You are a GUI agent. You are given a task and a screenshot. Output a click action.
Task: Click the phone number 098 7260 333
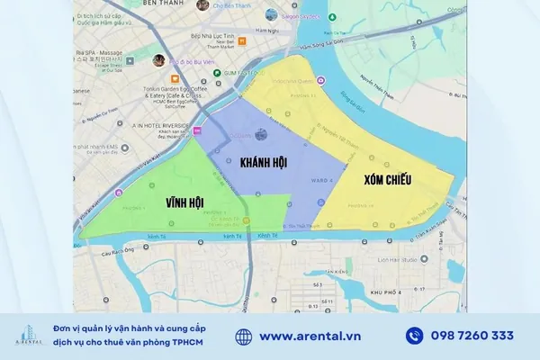(x=472, y=336)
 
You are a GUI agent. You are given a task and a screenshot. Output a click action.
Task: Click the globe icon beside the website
(x=244, y=336)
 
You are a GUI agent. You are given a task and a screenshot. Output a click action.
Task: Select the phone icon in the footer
(x=414, y=336)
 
